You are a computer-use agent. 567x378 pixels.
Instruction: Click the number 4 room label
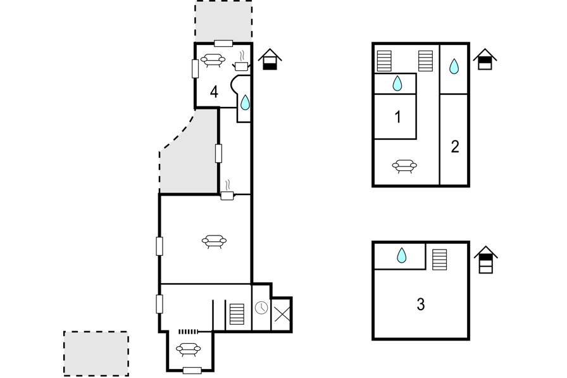(215, 92)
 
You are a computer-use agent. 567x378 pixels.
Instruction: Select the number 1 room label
(397, 117)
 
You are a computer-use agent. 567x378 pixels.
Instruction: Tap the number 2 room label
(455, 147)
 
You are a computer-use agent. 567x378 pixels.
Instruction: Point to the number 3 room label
(421, 305)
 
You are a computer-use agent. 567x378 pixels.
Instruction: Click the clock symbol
(261, 308)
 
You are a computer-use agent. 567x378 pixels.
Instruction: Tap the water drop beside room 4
(245, 103)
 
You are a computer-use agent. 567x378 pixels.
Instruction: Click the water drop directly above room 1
(397, 83)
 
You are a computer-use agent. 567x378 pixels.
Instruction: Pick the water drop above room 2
(454, 66)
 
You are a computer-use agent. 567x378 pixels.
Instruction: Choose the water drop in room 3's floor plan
(401, 256)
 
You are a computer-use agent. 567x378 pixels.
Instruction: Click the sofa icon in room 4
(213, 60)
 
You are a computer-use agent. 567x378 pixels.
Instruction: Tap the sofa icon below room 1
(404, 166)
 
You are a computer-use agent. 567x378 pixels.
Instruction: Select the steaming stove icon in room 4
(241, 63)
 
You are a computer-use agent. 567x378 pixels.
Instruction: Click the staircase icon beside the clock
(237, 314)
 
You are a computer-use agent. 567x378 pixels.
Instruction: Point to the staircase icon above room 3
(439, 260)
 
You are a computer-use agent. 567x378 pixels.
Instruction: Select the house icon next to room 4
(270, 60)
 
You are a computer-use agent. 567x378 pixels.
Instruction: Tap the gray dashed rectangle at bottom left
(96, 353)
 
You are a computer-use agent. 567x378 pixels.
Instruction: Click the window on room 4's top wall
(223, 43)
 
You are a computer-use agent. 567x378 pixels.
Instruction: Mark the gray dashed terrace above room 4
(223, 21)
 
